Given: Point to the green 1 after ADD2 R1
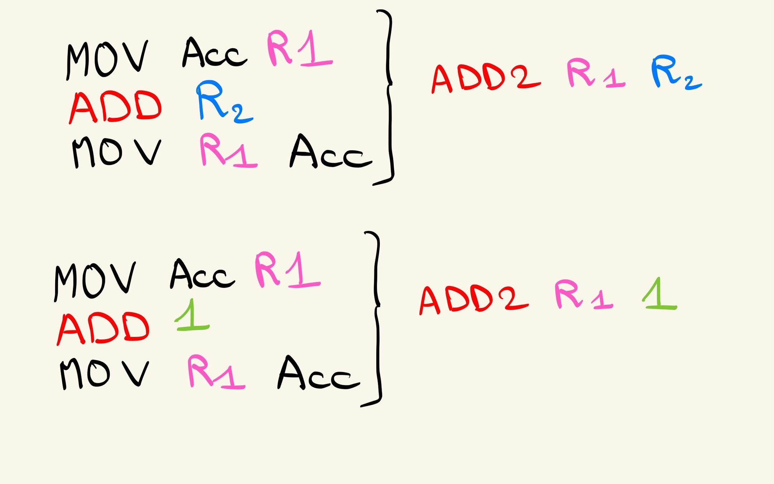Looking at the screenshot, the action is click(x=659, y=294).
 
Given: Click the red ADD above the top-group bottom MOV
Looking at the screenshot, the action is click(x=115, y=106).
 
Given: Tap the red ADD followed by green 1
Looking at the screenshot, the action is click(x=103, y=328).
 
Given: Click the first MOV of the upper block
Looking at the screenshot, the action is click(x=107, y=59).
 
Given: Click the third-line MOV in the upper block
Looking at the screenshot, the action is click(x=116, y=152).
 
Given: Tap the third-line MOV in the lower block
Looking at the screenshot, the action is click(x=104, y=374).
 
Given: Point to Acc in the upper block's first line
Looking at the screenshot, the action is click(x=214, y=54).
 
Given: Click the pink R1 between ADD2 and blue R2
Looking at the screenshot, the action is click(x=595, y=73).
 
